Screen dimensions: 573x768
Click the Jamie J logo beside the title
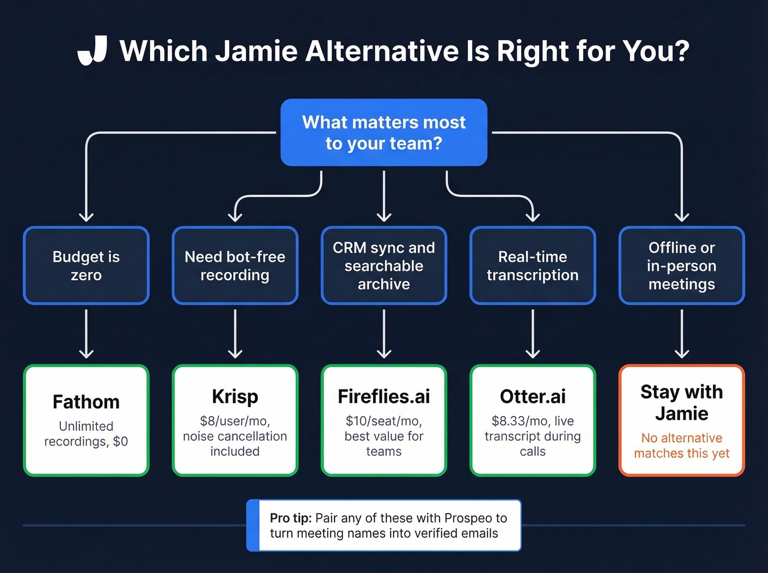coord(92,51)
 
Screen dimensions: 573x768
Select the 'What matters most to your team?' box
coord(383,132)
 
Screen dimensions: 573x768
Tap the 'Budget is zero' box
coord(86,265)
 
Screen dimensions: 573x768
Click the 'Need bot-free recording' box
coord(235,265)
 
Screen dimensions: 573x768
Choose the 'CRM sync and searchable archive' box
coord(383,265)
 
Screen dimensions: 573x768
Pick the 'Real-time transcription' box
coord(533,265)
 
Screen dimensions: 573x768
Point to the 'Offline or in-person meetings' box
coord(681,265)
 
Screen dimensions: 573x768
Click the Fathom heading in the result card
coord(86,402)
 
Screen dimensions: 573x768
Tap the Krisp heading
coord(235,396)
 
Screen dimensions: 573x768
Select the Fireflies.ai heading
coord(383,396)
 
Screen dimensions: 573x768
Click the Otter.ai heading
coord(533,396)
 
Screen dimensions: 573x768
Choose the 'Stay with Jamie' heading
coord(681,402)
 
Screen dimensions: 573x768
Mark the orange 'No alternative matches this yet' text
coord(681,446)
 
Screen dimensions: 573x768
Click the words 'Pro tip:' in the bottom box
coord(291,518)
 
